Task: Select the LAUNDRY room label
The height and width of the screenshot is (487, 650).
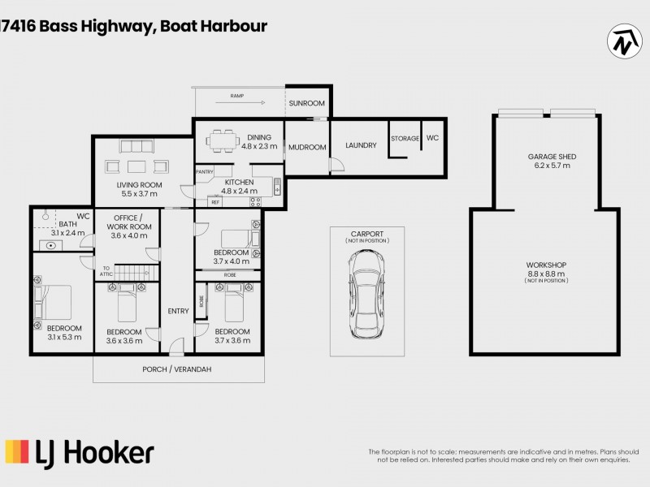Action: click(361, 146)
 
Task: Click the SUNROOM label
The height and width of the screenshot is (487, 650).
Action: click(309, 103)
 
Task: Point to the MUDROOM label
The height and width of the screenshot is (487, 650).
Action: click(309, 147)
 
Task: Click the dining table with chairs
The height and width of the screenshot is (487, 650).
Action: click(222, 141)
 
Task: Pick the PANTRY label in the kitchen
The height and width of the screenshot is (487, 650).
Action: click(204, 172)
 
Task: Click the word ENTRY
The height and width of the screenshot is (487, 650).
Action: click(178, 311)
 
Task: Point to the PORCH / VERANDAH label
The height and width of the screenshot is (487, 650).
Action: click(178, 369)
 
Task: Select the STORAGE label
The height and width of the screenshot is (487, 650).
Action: click(405, 139)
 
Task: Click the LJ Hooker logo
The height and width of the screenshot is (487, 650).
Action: click(80, 452)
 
